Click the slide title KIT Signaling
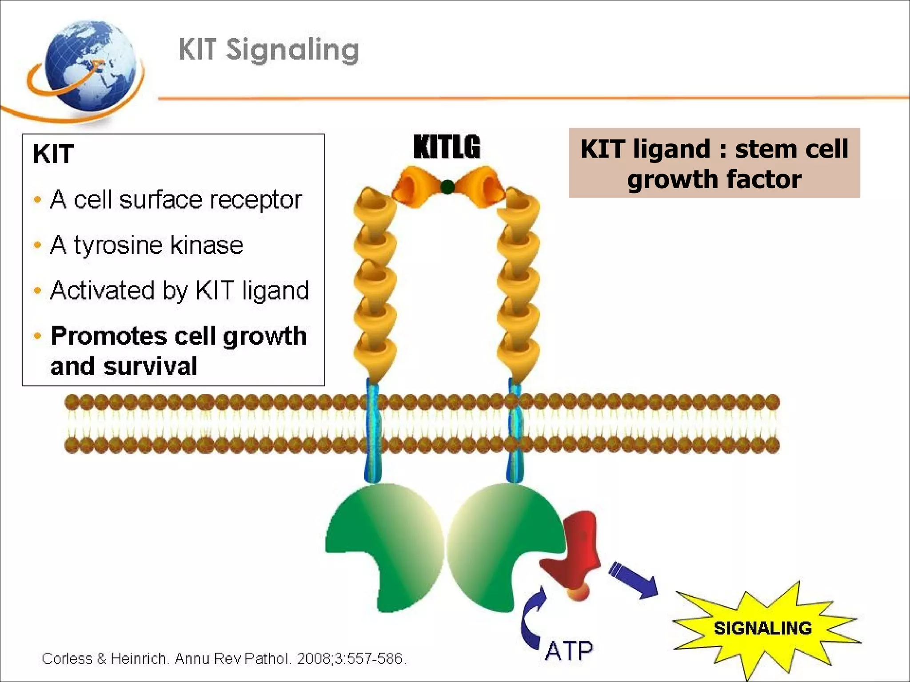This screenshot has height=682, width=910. point(269,50)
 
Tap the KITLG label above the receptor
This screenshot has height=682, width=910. point(447,147)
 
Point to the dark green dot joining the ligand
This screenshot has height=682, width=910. point(447,187)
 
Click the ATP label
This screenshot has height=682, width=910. point(569,651)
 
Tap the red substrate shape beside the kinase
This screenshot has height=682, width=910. point(573,555)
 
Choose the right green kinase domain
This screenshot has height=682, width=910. point(502,546)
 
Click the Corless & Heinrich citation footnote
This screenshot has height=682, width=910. point(224,658)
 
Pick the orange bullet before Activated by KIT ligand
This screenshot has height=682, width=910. point(38,291)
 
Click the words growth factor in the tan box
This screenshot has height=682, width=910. point(714,179)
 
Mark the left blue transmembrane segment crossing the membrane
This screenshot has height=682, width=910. point(372,426)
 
